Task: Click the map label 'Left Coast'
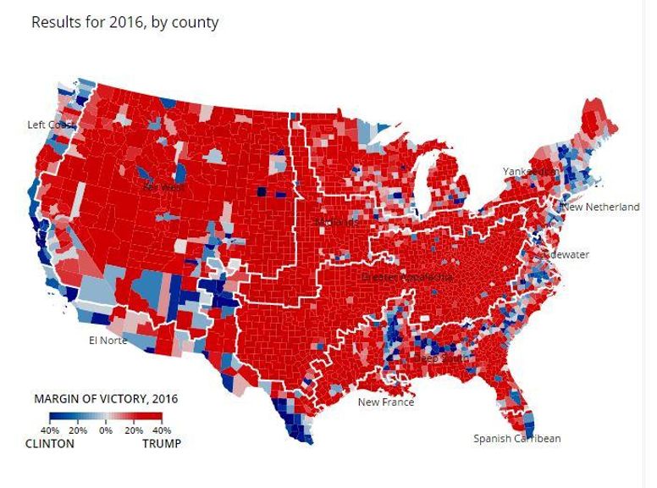(x=52, y=125)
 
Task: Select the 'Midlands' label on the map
(x=334, y=222)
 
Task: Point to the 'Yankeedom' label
(x=531, y=171)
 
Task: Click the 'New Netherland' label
(x=601, y=207)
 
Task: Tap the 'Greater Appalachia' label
(x=407, y=277)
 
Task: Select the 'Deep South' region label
(x=439, y=359)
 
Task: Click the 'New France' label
(x=386, y=402)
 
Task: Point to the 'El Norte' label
(x=108, y=341)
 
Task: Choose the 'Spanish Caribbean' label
(x=516, y=438)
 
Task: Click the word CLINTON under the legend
(x=50, y=443)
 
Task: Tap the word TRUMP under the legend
(x=161, y=443)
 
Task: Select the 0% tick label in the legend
(x=106, y=430)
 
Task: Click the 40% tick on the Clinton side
(x=50, y=430)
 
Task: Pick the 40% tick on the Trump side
(x=162, y=430)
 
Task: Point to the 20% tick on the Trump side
(x=134, y=430)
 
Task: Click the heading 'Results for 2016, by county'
(x=124, y=22)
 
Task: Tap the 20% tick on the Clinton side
(x=78, y=430)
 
